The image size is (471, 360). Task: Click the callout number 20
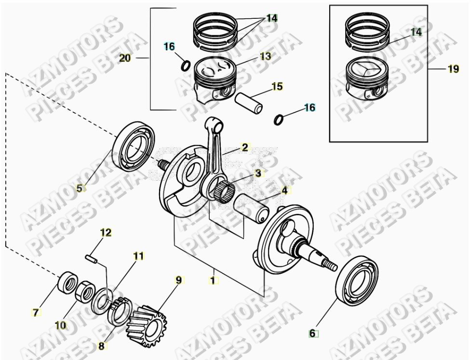125,58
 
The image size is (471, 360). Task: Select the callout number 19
453,69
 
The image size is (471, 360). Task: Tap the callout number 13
265,56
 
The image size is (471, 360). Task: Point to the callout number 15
277,87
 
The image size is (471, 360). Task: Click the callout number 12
106,233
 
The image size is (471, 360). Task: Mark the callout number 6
312,333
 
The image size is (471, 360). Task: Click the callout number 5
80,188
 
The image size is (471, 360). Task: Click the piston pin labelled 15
248,102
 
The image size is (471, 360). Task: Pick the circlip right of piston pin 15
279,119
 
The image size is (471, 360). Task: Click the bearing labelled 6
357,280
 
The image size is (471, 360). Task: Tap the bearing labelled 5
134,147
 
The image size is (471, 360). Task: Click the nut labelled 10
85,292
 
